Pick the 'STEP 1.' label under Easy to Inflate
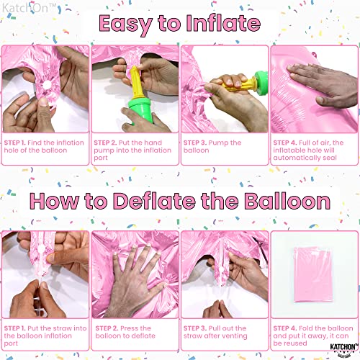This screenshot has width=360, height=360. pos(16,143)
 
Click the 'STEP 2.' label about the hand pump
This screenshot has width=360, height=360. pos(107,143)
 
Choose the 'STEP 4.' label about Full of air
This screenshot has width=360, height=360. pos(286,143)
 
